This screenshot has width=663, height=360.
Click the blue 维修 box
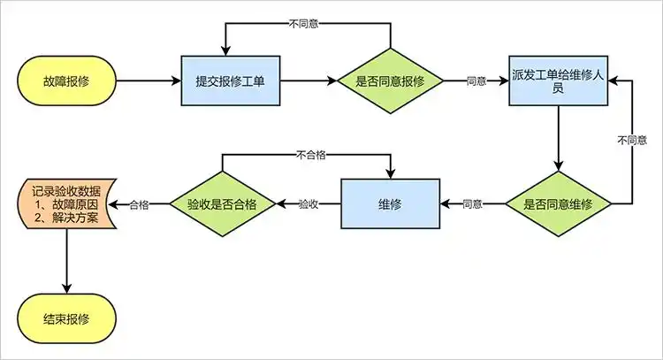tap(390, 203)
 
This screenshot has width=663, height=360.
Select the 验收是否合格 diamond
tap(222, 203)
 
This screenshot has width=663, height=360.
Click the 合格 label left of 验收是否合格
tap(138, 204)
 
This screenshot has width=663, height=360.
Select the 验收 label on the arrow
tap(308, 204)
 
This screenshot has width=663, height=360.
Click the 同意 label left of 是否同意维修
tap(472, 204)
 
